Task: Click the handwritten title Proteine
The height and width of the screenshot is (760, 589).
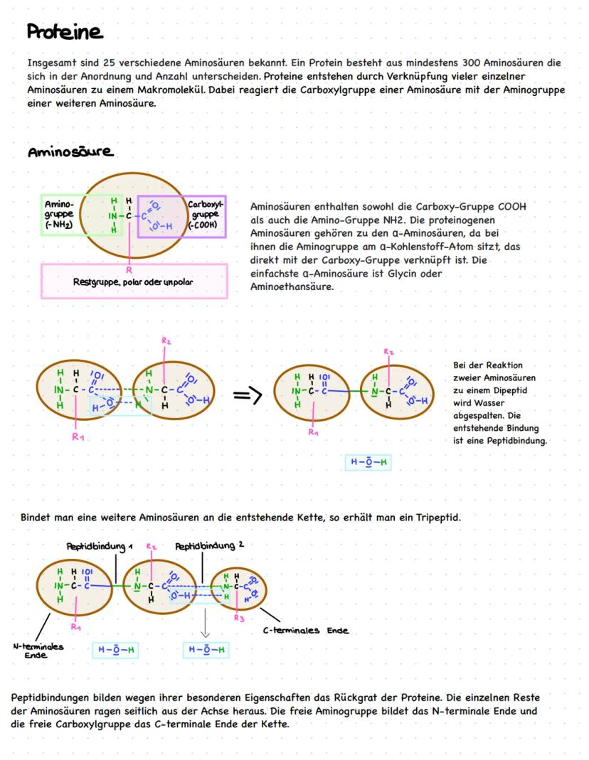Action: (x=65, y=33)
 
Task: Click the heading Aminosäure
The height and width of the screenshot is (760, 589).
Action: (x=71, y=153)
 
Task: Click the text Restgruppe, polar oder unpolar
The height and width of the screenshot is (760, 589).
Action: (x=133, y=281)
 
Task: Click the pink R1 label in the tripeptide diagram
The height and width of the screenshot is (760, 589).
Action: (x=75, y=628)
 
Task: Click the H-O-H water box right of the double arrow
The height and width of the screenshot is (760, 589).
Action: (x=368, y=462)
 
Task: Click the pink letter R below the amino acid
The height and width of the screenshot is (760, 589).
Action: (x=129, y=270)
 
